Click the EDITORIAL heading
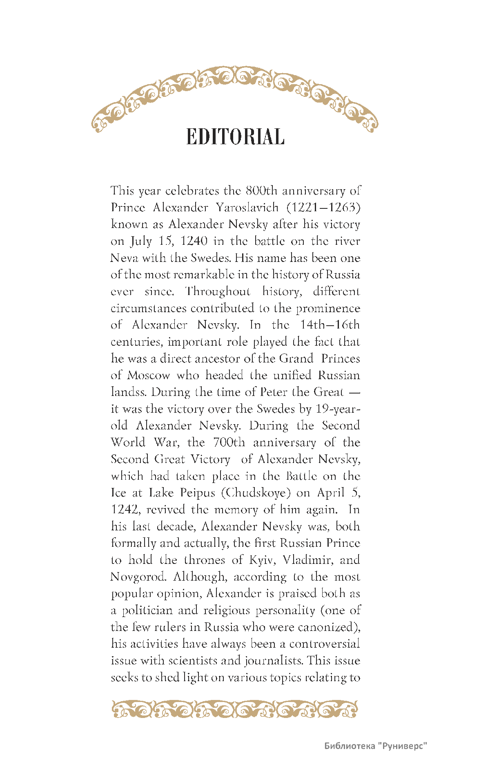click(x=235, y=137)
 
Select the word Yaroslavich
click(x=247, y=208)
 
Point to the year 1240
click(x=194, y=241)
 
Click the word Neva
click(x=124, y=258)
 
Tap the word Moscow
click(x=149, y=375)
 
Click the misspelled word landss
click(x=129, y=392)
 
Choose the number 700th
click(x=229, y=442)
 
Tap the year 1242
click(x=125, y=510)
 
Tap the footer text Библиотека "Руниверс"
click(x=375, y=746)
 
